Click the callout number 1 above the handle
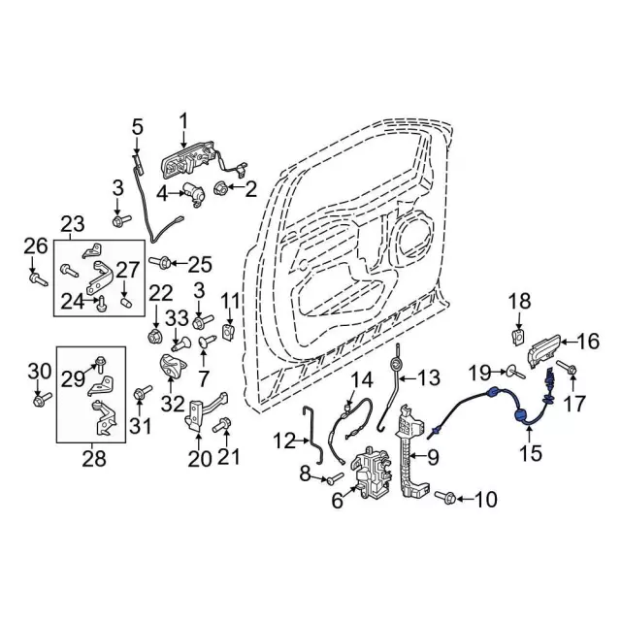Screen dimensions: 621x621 [x=183, y=123]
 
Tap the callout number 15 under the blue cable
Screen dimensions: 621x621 [x=530, y=453]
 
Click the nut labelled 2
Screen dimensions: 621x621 [x=220, y=189]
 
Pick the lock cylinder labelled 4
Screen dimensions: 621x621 [x=193, y=194]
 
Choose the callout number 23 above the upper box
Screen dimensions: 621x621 [x=73, y=224]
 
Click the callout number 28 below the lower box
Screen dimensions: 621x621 [x=94, y=459]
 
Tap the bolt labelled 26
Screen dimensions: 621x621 [x=39, y=278]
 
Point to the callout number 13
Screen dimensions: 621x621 [x=428, y=378]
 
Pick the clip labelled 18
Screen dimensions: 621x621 [x=517, y=337]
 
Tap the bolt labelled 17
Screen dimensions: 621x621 [x=567, y=368]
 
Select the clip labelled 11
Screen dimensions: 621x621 [x=228, y=331]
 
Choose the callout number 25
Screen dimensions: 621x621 [x=201, y=264]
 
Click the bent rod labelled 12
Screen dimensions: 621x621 [x=312, y=435]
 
